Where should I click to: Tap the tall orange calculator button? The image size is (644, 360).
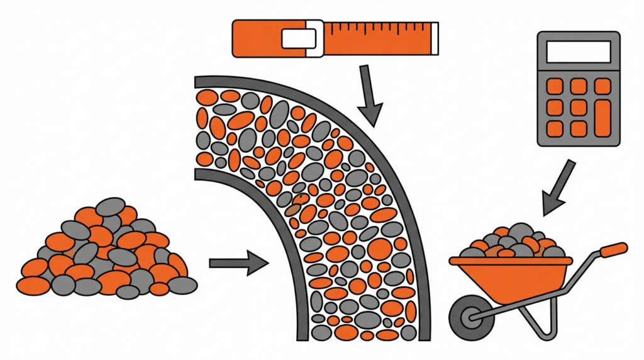602,118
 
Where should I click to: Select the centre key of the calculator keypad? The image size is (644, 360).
579,107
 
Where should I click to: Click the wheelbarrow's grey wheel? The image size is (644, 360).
469,313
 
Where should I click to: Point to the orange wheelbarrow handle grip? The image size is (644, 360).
613,250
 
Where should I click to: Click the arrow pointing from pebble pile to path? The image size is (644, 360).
239,262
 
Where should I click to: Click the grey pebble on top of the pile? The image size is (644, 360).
111,206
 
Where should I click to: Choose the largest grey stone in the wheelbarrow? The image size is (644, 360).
520,233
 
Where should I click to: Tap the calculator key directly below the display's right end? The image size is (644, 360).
602,86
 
